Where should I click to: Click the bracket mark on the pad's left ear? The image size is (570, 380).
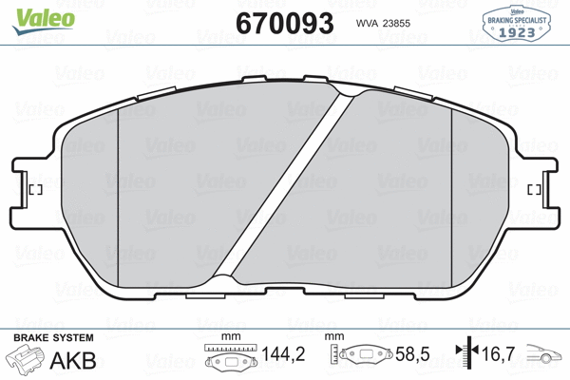pyautogui.click(x=35, y=190)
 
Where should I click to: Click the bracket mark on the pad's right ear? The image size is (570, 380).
pyautogui.click(x=534, y=190)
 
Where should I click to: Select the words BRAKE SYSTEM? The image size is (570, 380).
pyautogui.click(x=52, y=338)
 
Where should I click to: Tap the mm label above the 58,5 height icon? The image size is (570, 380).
pyautogui.click(x=332, y=338)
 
